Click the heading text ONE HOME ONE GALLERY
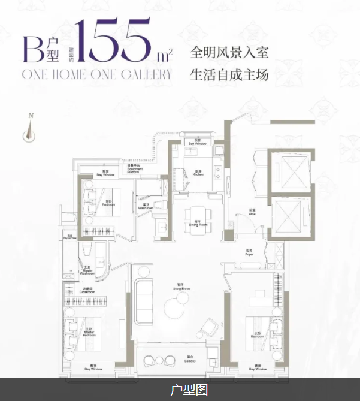pyautogui.click(x=96, y=74)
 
